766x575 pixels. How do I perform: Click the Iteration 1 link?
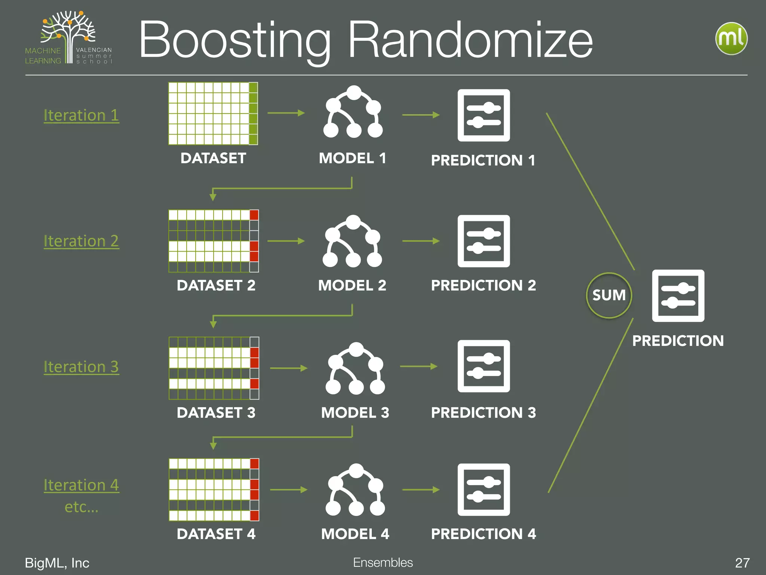pyautogui.click(x=81, y=115)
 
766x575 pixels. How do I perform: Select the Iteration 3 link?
pyautogui.click(x=81, y=366)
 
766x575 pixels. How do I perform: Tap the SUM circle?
pyautogui.click(x=609, y=295)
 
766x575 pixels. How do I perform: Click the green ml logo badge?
pyautogui.click(x=731, y=39)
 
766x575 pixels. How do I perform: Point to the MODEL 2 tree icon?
pyautogui.click(x=352, y=241)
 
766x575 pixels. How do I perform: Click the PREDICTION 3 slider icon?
pyautogui.click(x=484, y=366)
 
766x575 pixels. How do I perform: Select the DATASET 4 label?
pyautogui.click(x=216, y=534)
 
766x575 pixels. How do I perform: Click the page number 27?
pyautogui.click(x=742, y=563)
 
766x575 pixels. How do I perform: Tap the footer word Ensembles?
pyautogui.click(x=383, y=562)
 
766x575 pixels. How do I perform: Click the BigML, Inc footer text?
pyautogui.click(x=57, y=563)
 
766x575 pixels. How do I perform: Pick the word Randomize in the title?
pyautogui.click(x=470, y=40)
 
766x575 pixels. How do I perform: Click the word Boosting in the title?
pyautogui.click(x=235, y=40)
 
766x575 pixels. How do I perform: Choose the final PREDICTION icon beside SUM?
pyautogui.click(x=678, y=296)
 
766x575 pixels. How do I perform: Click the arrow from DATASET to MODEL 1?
pyautogui.click(x=286, y=113)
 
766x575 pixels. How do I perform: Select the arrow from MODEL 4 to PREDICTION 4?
pyautogui.click(x=421, y=490)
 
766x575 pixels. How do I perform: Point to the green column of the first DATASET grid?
pyautogui.click(x=253, y=113)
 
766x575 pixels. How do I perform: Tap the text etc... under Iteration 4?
pyautogui.click(x=82, y=507)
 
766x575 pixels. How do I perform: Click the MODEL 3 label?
pyautogui.click(x=355, y=413)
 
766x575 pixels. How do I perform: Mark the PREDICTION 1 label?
pyautogui.click(x=483, y=160)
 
